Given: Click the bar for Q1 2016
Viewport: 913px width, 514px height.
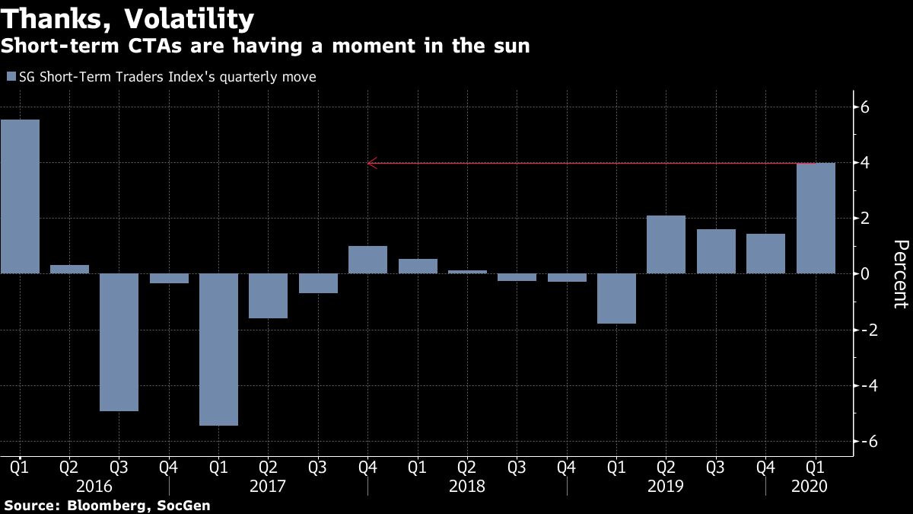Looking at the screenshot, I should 20,196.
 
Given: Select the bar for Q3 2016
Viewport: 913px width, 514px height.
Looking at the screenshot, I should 119,342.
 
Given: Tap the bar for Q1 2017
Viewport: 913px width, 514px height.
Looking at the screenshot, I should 218,350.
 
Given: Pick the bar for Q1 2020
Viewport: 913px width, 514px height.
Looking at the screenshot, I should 816,218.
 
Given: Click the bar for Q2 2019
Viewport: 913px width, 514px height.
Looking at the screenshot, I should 666,244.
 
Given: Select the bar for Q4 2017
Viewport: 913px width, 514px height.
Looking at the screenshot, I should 367,260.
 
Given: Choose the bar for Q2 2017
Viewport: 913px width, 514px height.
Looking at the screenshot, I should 269,295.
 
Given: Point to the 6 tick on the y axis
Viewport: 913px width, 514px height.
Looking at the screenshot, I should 865,107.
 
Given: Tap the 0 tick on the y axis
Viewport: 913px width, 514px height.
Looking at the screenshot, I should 865,273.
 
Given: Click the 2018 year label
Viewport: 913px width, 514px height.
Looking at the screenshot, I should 467,485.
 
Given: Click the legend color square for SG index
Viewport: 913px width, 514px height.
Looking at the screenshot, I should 11,77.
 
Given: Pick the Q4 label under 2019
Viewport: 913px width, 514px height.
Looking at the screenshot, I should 765,465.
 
